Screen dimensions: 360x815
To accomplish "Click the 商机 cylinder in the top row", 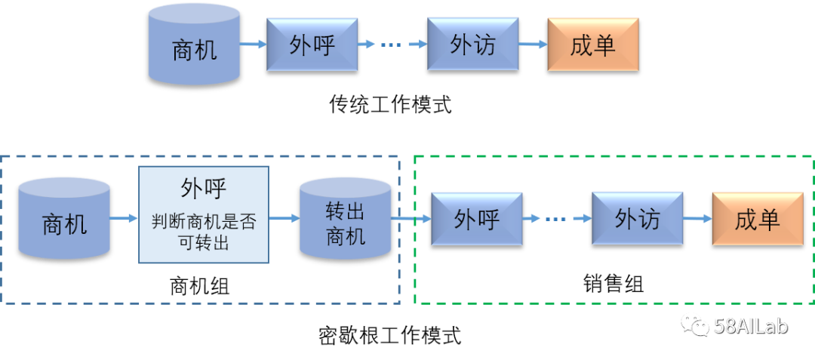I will pos(194,45).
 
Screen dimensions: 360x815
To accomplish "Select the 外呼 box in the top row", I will pos(312,45).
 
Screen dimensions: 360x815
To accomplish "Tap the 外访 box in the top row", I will pos(472,45).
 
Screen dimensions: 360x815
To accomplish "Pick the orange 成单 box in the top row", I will pos(593,45).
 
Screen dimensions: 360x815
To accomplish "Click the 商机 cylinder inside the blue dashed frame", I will pos(64,220).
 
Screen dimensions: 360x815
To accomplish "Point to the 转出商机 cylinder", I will pos(346,220).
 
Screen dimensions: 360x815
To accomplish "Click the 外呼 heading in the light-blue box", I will pos(204,189).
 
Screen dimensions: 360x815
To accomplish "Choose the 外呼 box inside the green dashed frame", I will pos(476,219).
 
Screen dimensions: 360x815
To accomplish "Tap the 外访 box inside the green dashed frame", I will pos(637,219).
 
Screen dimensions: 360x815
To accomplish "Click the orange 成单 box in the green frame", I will pos(757,219).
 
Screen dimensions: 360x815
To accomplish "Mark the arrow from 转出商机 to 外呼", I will pos(411,219).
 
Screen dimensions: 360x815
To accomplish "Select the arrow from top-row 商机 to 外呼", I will pos(254,45).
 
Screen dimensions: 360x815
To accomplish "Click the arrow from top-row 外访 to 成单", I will pos(533,45).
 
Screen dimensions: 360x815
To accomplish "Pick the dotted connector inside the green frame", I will pos(557,219).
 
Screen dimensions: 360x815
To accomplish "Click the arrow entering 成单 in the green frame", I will pos(697,219).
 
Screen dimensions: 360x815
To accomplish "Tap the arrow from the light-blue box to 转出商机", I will pos(284,219).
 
